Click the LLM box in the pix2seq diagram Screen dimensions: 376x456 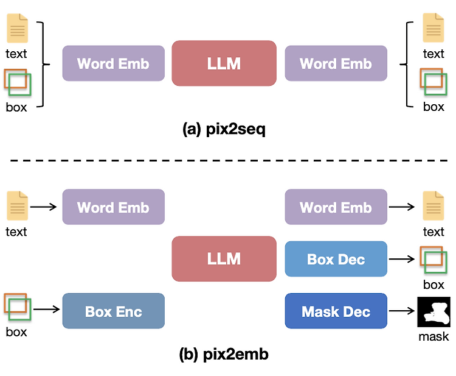tap(224, 63)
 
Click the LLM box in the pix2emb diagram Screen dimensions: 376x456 tap(224, 259)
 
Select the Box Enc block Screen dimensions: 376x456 tap(113, 311)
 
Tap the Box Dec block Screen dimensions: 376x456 tap(336, 259)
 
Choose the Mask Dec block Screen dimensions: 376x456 tap(336, 311)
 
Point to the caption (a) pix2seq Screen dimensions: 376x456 tap(224, 130)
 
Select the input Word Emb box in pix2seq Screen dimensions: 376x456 tap(113, 63)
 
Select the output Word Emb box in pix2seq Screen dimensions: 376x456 tap(336, 63)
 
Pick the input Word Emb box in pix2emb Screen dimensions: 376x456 tap(113, 207)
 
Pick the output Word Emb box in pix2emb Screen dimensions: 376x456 tap(336, 207)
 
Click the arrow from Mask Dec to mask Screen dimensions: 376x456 tap(401, 311)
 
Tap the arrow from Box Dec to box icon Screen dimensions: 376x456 tap(401, 259)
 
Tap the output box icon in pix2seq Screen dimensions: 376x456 tap(434, 82)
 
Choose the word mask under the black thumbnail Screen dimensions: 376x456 tap(433, 336)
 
